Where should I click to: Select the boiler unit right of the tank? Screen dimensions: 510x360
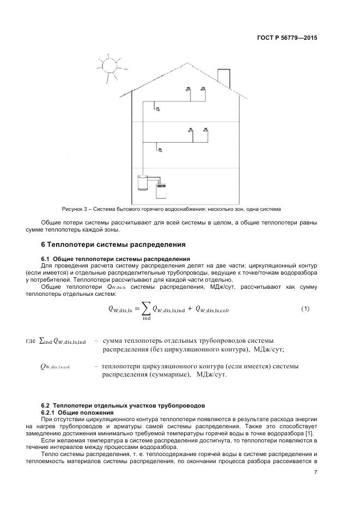[x=162, y=190]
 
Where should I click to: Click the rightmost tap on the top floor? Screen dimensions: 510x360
[x=203, y=89]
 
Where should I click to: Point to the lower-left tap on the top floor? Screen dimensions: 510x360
[x=157, y=108]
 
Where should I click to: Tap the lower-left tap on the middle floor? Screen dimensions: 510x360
[x=160, y=149]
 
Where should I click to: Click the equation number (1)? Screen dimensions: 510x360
[x=305, y=309]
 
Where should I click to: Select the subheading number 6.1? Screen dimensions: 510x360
[x=46, y=258]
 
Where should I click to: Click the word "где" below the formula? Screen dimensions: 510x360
[x=30, y=341]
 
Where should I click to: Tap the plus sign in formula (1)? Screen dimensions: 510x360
[x=190, y=309]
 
